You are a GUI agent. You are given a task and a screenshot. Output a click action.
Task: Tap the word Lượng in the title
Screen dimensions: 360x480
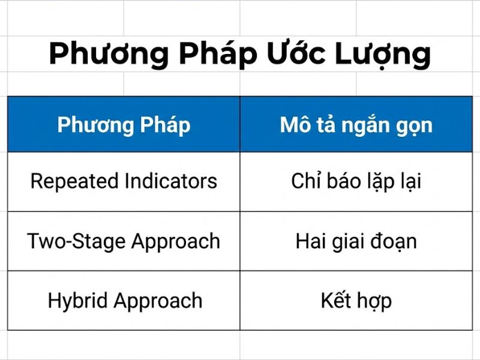click(385, 54)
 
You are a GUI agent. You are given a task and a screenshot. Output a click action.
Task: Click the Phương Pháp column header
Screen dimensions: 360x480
click(124, 125)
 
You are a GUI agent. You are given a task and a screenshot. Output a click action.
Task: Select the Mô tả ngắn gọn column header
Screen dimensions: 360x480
click(356, 125)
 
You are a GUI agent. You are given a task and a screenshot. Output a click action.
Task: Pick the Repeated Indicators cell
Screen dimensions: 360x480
click(124, 181)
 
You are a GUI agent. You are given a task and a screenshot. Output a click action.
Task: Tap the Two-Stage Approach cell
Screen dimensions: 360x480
click(124, 241)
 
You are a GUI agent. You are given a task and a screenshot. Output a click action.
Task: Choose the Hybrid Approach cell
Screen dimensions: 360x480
click(124, 301)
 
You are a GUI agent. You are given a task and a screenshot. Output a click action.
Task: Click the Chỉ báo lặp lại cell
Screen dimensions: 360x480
click(356, 181)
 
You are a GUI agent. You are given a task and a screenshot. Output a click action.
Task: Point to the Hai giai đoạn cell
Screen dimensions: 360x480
click(356, 241)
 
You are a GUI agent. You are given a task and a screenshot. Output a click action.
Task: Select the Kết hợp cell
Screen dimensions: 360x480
click(356, 301)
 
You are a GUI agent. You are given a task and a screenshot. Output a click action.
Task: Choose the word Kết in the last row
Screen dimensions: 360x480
click(336, 300)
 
